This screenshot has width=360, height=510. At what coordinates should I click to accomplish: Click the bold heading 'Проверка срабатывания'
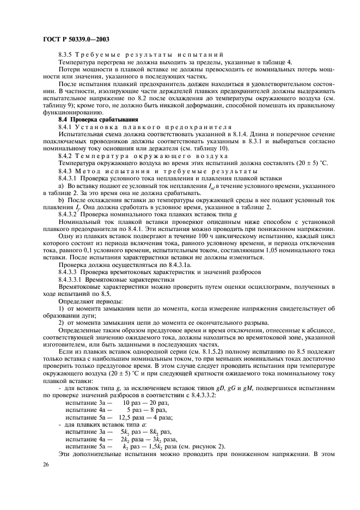coord(99,119)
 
